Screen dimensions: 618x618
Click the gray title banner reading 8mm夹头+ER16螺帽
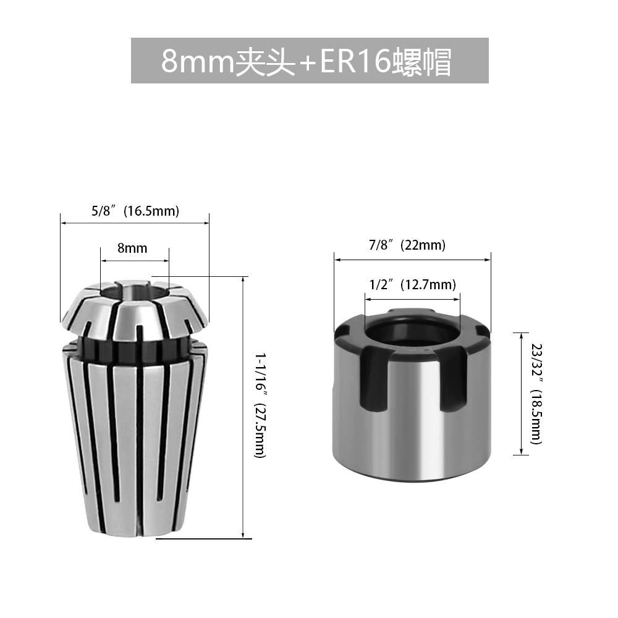tap(310, 61)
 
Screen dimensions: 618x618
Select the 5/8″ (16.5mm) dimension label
tap(135, 211)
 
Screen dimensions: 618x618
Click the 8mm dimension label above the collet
tap(132, 248)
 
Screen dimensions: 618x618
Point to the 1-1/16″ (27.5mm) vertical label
tap(261, 405)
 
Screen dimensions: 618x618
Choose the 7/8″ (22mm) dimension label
tap(407, 245)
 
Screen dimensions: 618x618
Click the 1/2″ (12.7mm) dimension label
tap(412, 284)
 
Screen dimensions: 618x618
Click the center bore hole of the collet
tap(133, 292)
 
